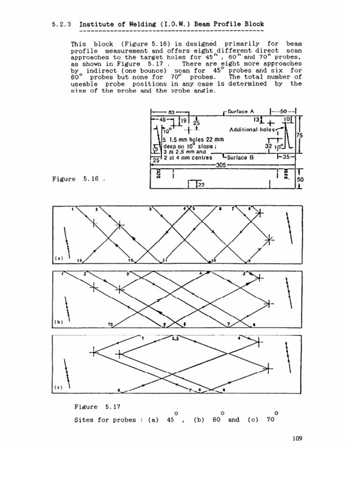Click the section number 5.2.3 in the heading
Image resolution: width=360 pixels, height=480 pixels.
pyautogui.click(x=60, y=24)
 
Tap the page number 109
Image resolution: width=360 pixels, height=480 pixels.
pyautogui.click(x=296, y=439)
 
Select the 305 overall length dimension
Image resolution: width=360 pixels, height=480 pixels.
pyautogui.click(x=221, y=165)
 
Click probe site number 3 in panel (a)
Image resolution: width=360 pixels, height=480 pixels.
pyautogui.click(x=150, y=209)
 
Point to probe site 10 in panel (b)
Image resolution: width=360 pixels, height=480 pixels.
pyautogui.click(x=111, y=324)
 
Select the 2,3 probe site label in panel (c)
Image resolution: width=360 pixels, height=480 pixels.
pyautogui.click(x=175, y=338)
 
